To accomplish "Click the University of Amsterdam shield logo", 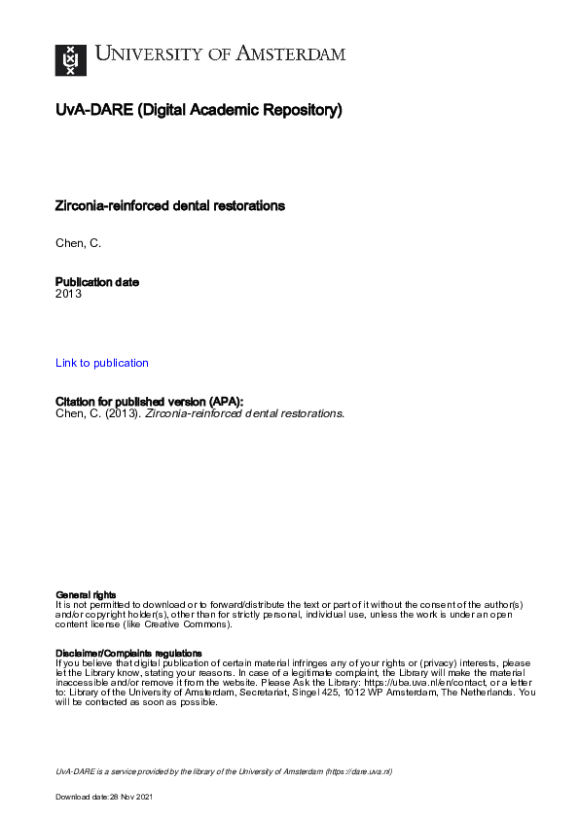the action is (x=69, y=59).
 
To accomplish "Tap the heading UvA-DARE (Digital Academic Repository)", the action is (x=199, y=111).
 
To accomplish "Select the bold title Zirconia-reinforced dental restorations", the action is (x=170, y=206).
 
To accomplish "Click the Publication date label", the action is (x=97, y=282).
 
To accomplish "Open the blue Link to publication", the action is (x=102, y=363).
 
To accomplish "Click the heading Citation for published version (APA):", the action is (x=149, y=401).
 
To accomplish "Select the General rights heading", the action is (x=86, y=594).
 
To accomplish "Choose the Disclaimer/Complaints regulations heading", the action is (x=126, y=653).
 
